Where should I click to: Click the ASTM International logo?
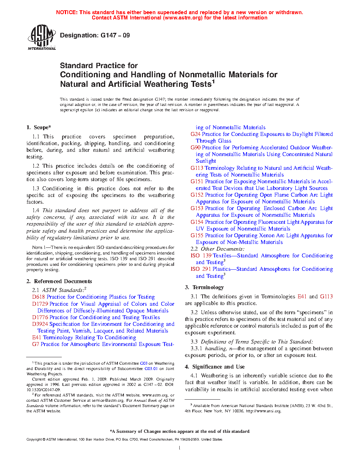click(x=42, y=37)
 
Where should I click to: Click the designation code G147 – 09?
click(x=115, y=35)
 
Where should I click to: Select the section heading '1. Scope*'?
click(x=38, y=127)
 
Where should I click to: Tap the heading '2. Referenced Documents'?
click(x=59, y=281)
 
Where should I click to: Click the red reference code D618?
click(x=38, y=297)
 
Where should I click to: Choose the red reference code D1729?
click(x=40, y=304)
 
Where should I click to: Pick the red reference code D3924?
click(x=40, y=324)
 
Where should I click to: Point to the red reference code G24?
click(x=196, y=134)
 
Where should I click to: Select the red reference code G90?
click(x=196, y=148)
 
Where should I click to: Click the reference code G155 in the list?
click(x=197, y=235)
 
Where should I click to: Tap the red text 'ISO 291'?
click(x=201, y=269)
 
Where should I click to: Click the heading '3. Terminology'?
click(x=204, y=287)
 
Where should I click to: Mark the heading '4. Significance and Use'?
click(x=215, y=367)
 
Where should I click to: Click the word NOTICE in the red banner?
click(x=67, y=12)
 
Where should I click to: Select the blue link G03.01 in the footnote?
click(x=151, y=369)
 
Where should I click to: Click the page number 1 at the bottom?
click(x=180, y=448)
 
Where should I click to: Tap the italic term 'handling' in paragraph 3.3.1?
click(x=216, y=348)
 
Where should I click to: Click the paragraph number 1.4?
click(x=36, y=210)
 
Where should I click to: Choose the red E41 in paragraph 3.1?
click(x=302, y=297)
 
